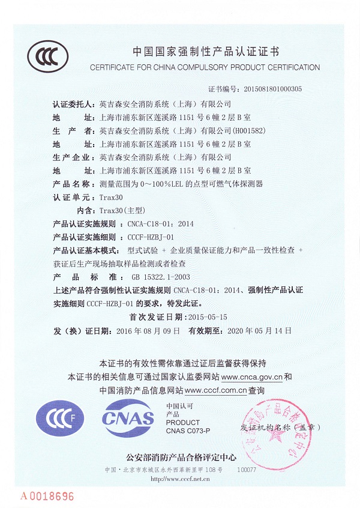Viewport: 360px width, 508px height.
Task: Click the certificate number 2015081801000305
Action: [x=273, y=89]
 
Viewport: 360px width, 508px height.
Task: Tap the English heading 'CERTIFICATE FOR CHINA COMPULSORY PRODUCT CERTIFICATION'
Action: [x=205, y=67]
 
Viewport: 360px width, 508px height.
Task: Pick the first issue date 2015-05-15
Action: [x=203, y=315]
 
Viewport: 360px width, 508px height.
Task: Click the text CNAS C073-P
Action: [x=188, y=431]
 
